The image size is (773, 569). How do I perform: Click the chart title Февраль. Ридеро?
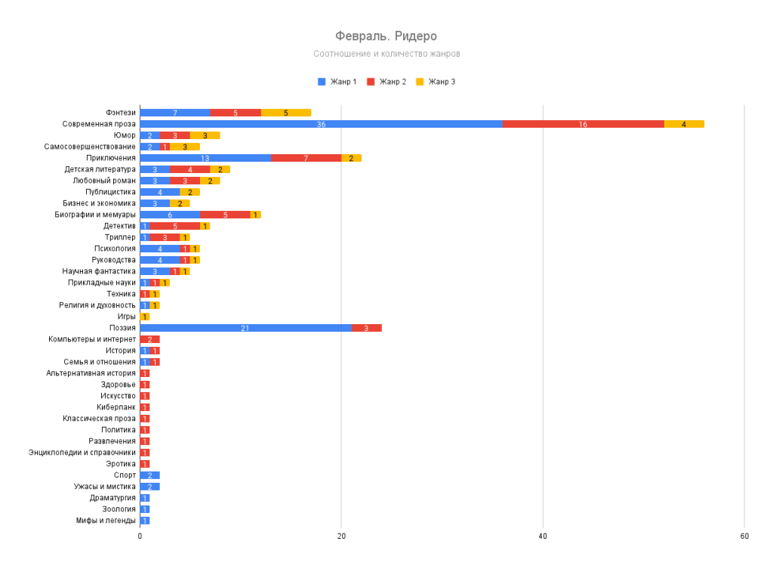tap(386, 36)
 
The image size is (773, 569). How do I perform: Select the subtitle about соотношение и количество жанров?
tap(386, 54)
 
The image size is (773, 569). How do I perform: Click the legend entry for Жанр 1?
tap(337, 82)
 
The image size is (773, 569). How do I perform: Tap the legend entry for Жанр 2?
tap(386, 82)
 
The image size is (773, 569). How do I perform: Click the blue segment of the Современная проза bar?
tap(321, 124)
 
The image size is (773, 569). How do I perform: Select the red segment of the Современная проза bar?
tap(583, 124)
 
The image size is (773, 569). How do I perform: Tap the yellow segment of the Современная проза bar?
tap(684, 124)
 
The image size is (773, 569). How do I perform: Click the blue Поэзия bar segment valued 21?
tap(245, 328)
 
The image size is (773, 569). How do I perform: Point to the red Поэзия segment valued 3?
tap(366, 328)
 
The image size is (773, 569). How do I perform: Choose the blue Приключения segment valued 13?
tap(205, 158)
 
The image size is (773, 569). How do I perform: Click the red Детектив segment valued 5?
tap(175, 226)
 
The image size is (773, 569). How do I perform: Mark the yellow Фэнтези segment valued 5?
tap(286, 113)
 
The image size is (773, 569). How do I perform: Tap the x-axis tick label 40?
tap(543, 536)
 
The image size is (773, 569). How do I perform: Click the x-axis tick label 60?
tap(744, 536)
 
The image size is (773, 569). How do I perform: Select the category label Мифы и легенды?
tap(106, 521)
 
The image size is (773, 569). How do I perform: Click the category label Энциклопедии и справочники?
tap(82, 453)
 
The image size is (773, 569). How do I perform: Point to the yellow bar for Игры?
tap(145, 317)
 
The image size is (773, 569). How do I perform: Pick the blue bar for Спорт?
tap(149, 475)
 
